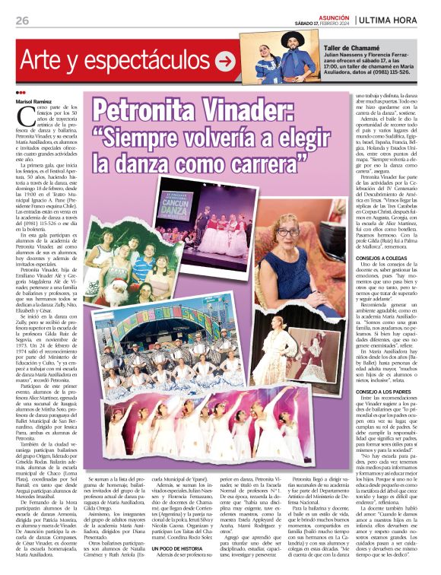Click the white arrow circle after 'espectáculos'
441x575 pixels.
(x=224, y=59)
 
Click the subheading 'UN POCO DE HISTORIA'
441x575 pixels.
(x=173, y=548)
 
